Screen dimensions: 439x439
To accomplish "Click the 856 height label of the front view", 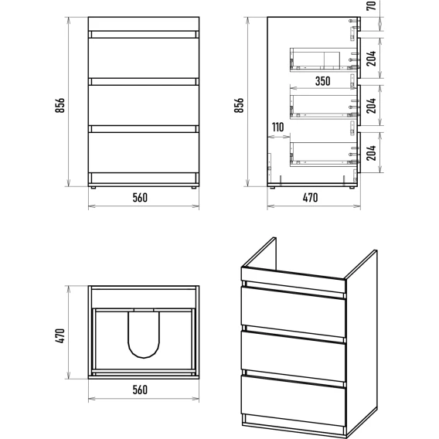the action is pos(60,105).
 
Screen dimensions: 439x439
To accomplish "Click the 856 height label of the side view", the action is pos(239,105).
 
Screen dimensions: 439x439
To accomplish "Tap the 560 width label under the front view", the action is pos(140,198).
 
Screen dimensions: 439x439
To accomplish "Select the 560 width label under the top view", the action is pos(140,390).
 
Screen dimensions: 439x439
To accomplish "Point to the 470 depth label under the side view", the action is pos(310,198).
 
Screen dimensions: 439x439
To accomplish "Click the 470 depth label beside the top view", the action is pos(60,335).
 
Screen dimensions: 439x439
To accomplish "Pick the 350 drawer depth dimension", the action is pos(323,81).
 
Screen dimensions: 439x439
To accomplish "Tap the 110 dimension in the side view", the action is pos(277,128).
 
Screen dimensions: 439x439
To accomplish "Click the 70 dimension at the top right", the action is pos(371,6).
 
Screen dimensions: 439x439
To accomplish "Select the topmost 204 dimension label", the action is pos(371,58).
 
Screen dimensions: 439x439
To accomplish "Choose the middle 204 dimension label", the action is pos(371,106).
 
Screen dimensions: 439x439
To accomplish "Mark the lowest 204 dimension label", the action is pos(371,152).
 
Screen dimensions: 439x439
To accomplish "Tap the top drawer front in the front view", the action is pos(144,58).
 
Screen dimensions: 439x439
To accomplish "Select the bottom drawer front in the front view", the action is pos(144,152).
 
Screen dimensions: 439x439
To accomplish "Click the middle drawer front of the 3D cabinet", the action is pos(293,356).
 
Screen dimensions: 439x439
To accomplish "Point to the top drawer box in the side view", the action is pos(324,60).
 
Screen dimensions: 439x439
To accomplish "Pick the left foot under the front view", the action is pos(94,188).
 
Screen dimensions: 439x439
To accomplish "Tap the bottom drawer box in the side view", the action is pos(324,155).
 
